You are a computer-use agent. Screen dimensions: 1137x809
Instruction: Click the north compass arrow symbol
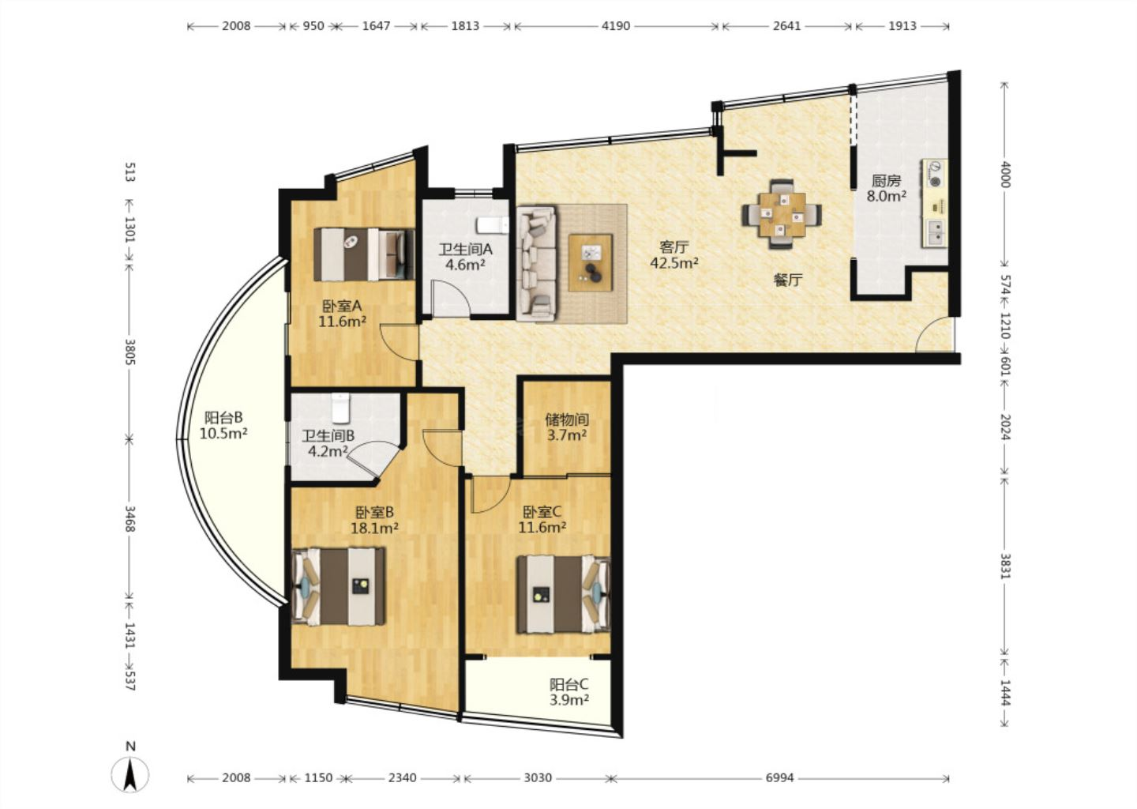pos(130,774)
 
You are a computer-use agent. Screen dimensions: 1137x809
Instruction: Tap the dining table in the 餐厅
pos(782,214)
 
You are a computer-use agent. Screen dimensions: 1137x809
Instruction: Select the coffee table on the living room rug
pos(591,262)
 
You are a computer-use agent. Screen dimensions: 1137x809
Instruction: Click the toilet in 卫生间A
pos(492,225)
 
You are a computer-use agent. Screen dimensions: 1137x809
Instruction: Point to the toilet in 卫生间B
pos(340,408)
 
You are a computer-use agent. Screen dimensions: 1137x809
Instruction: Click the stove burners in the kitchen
pos(934,174)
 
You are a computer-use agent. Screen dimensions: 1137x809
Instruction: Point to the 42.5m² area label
pos(674,263)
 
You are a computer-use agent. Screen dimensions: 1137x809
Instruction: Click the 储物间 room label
pos(567,420)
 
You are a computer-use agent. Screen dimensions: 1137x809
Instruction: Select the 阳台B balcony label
pos(223,417)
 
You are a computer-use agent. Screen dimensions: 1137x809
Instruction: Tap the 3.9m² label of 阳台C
pos(569,700)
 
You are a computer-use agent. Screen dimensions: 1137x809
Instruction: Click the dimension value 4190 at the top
pos(616,26)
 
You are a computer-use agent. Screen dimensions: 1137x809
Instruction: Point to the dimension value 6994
pos(779,777)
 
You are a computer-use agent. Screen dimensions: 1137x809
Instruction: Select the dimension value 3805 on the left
pos(130,352)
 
